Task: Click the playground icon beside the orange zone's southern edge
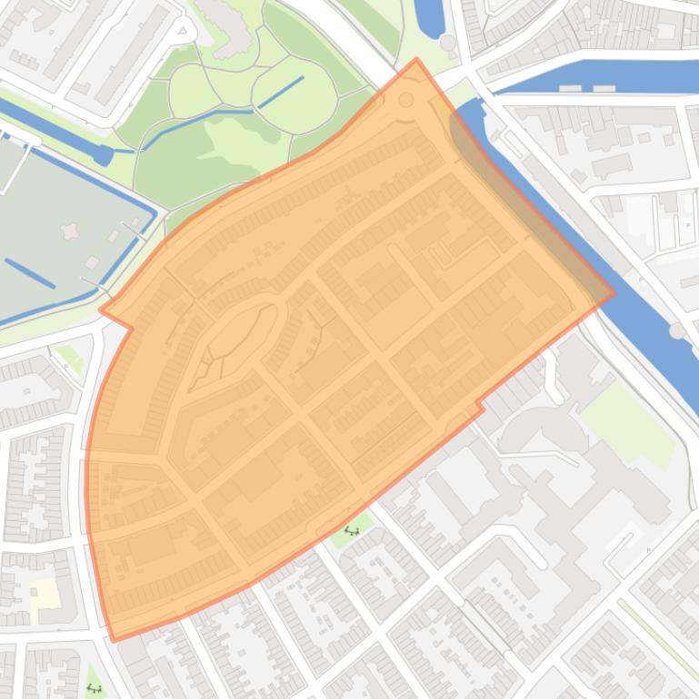click(x=351, y=531)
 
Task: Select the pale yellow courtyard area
click(x=44, y=596)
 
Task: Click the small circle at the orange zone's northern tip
click(x=406, y=100)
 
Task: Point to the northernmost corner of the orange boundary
click(x=416, y=60)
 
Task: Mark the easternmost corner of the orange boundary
click(x=614, y=293)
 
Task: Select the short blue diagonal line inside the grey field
click(x=29, y=272)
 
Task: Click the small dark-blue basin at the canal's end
click(x=104, y=156)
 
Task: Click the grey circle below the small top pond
click(x=448, y=43)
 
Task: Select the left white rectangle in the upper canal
click(x=570, y=88)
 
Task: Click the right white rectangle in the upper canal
click(x=604, y=88)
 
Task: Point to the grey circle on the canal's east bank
click(x=676, y=331)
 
